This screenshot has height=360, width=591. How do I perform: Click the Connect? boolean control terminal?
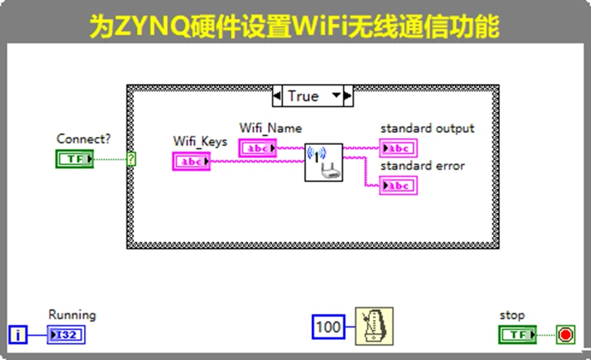click(x=75, y=159)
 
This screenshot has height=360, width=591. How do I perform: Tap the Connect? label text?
click(x=83, y=139)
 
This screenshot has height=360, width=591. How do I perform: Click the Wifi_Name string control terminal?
click(x=257, y=147)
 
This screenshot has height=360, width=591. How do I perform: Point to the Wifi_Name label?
click(x=270, y=128)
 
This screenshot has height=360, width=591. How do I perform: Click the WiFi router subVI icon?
click(x=323, y=161)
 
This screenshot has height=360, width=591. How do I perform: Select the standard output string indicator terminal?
click(x=398, y=148)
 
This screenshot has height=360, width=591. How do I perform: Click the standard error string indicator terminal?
click(x=398, y=186)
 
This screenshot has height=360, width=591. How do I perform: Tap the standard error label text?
click(x=422, y=166)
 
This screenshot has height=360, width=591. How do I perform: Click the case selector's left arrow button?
click(x=277, y=96)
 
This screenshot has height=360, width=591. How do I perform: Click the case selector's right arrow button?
click(x=348, y=96)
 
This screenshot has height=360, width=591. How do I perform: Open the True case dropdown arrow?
click(x=335, y=96)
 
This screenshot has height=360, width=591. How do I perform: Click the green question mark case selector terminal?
click(x=132, y=159)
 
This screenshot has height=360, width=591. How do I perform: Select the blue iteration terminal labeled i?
click(x=17, y=335)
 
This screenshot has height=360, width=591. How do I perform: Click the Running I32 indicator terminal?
click(x=66, y=335)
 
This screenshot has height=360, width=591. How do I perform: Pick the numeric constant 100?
click(x=329, y=328)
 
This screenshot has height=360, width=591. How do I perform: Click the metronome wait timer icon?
click(x=374, y=326)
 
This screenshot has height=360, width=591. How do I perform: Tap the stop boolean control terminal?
click(x=518, y=335)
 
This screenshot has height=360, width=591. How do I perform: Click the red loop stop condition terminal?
click(x=566, y=335)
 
